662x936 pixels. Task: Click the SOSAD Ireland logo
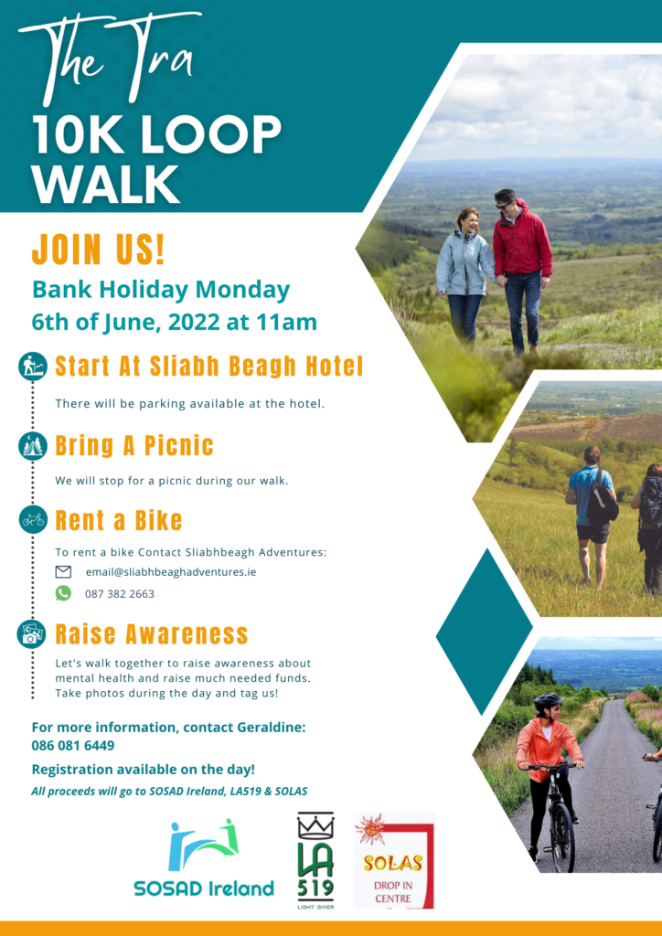[x=204, y=859]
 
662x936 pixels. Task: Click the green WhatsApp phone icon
[x=63, y=592]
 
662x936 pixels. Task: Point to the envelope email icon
[x=63, y=572]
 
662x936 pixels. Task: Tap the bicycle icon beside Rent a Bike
[x=33, y=519]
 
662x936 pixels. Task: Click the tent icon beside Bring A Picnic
[x=33, y=445]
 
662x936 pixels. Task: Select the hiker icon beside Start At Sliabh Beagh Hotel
[x=33, y=366]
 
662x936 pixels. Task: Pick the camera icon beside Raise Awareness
[x=32, y=633]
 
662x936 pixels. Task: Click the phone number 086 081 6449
[x=73, y=746]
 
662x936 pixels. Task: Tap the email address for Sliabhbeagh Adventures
[x=171, y=572]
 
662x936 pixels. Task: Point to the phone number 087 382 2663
[x=120, y=594]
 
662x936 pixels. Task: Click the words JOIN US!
[x=99, y=249]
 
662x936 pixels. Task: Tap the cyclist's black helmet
[x=548, y=700]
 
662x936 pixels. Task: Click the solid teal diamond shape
[x=484, y=632]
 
